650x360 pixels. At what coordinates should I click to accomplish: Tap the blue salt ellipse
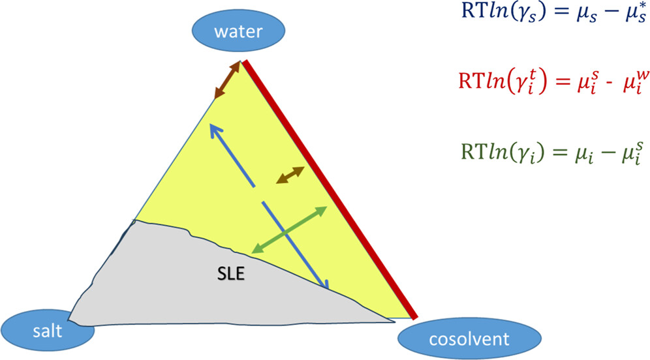[49, 330]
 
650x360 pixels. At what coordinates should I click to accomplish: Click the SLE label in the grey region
[230, 274]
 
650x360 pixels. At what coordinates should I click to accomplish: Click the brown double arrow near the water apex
[228, 80]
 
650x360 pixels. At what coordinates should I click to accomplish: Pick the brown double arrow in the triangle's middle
[290, 174]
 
